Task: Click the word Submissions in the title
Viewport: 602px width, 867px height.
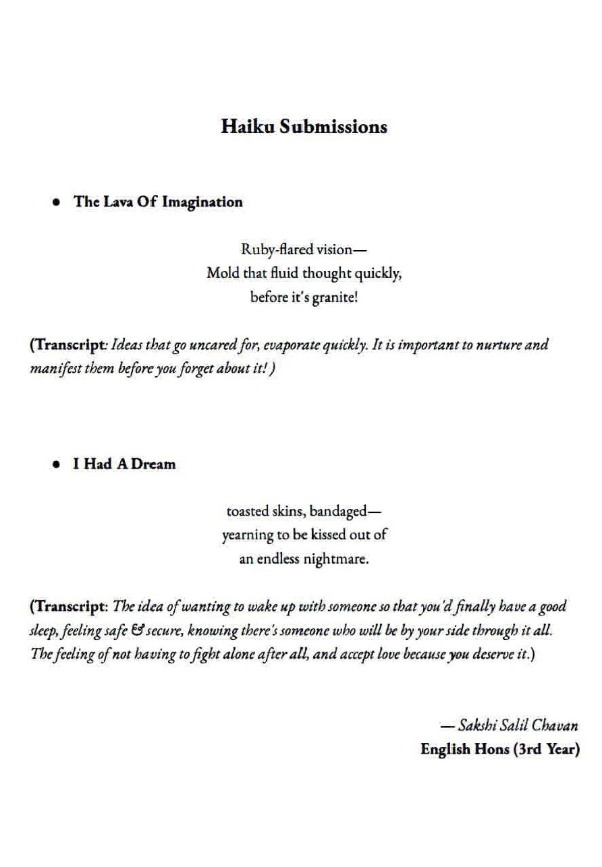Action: [x=333, y=127]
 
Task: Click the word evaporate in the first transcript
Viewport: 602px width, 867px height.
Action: [x=277, y=345]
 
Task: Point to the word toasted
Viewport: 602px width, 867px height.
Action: [x=246, y=512]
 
